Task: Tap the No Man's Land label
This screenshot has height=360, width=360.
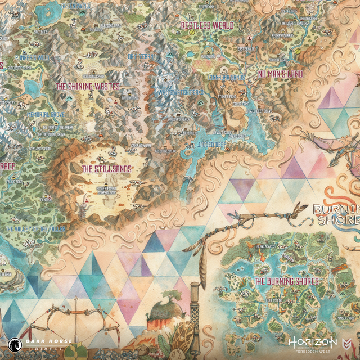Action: click(x=280, y=74)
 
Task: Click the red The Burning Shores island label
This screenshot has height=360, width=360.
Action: click(x=286, y=281)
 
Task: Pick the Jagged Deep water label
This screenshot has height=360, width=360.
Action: click(x=213, y=144)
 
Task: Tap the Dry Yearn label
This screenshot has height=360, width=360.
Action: click(x=140, y=57)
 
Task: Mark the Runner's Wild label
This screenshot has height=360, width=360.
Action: click(x=33, y=57)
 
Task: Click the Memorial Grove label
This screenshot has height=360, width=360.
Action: click(x=46, y=114)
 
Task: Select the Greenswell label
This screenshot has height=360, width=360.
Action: click(x=75, y=6)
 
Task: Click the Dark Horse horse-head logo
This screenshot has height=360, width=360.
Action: click(x=15, y=343)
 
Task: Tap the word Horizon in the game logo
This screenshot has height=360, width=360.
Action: click(x=313, y=341)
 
